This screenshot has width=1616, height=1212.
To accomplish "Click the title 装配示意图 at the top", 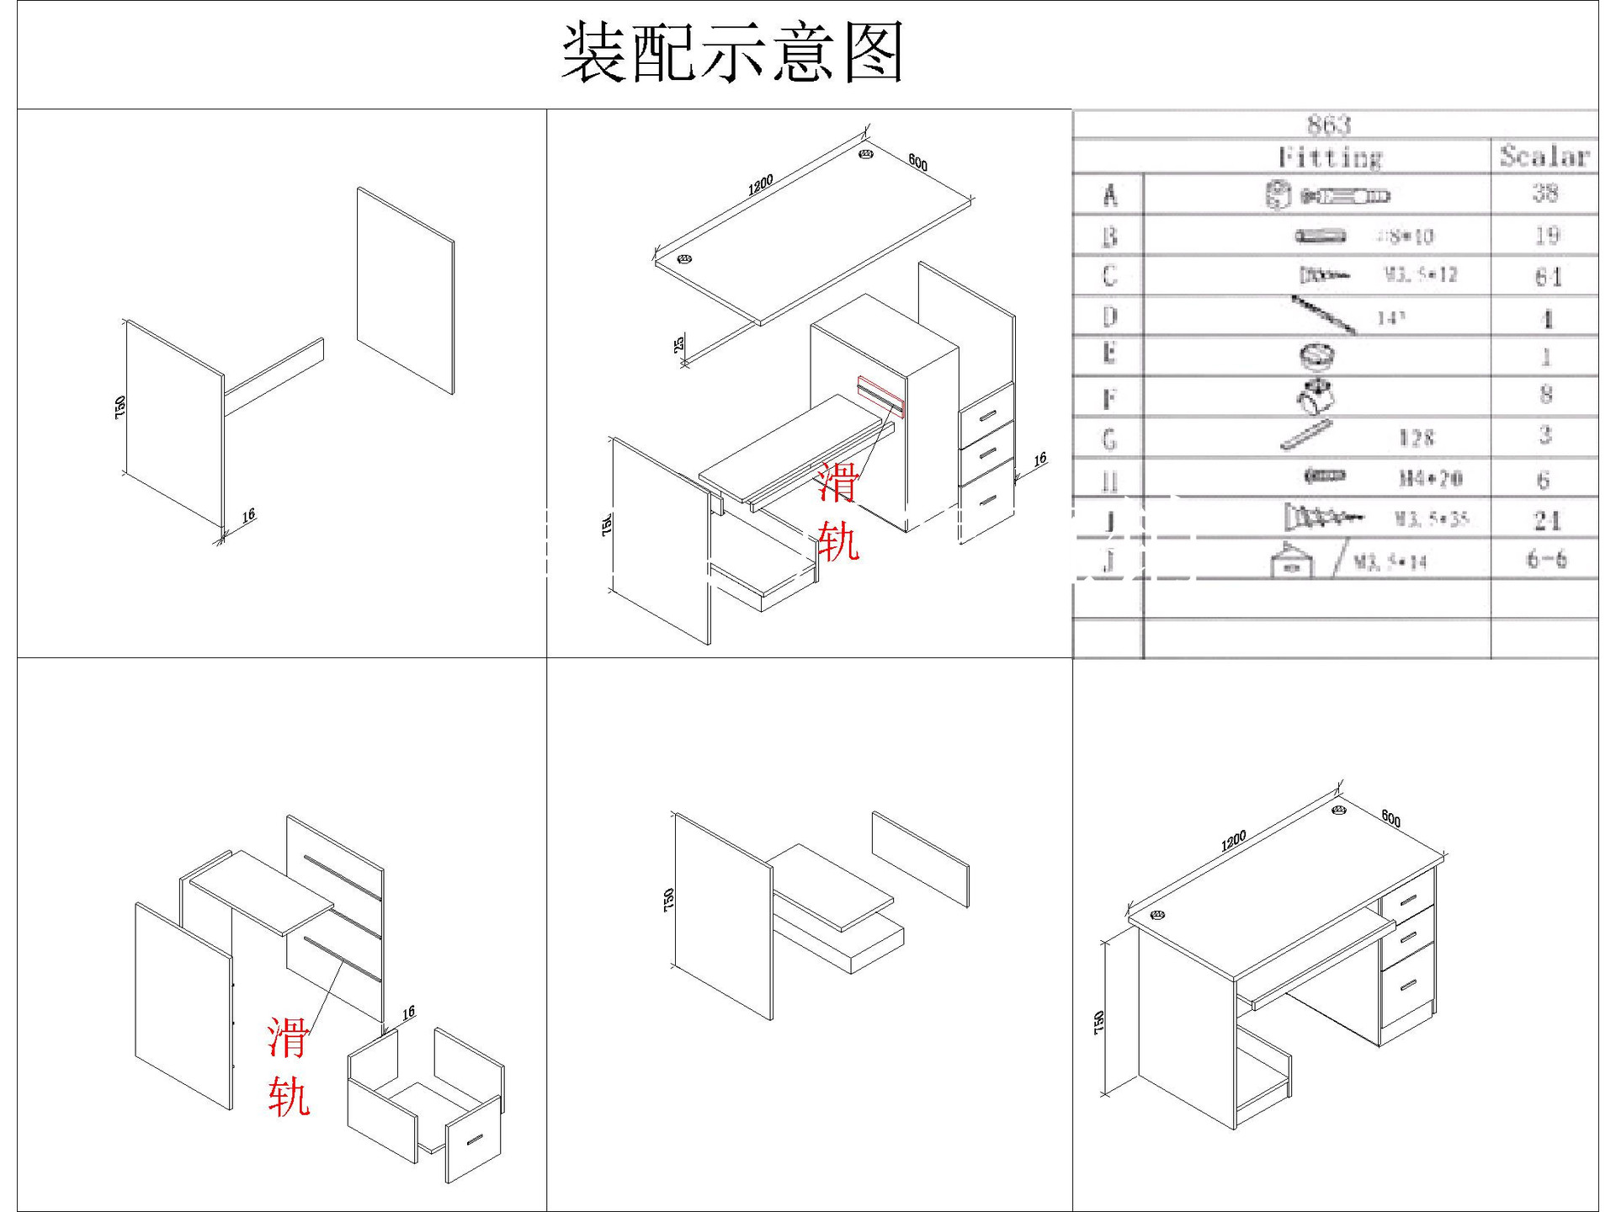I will click(732, 53).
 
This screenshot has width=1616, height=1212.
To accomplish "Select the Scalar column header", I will click(1544, 157).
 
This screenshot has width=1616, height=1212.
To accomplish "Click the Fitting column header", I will click(1330, 157).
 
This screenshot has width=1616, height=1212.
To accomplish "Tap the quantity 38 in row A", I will click(1545, 194).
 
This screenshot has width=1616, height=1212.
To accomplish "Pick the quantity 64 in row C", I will click(1547, 276).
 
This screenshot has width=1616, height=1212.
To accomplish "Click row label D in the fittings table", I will click(1109, 316).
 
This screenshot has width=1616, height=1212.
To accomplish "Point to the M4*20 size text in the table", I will click(1430, 479).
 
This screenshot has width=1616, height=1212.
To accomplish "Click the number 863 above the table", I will click(1329, 125).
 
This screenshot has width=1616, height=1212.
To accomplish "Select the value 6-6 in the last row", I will click(1546, 560).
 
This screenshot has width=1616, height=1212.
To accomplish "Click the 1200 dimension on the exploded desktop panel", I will click(760, 185).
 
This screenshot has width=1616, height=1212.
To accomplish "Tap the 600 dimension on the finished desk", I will click(1390, 819).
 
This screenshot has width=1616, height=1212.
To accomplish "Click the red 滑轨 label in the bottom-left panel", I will click(289, 1066).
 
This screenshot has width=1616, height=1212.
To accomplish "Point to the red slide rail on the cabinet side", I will click(880, 396).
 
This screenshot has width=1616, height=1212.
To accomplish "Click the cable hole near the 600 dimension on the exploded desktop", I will click(866, 154).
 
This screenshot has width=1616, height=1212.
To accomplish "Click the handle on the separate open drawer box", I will click(475, 1140).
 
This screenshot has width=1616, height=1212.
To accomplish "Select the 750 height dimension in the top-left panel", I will click(120, 407).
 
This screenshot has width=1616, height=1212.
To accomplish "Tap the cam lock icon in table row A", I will click(1278, 195).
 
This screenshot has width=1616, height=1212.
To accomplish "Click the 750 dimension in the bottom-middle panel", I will click(669, 900).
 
